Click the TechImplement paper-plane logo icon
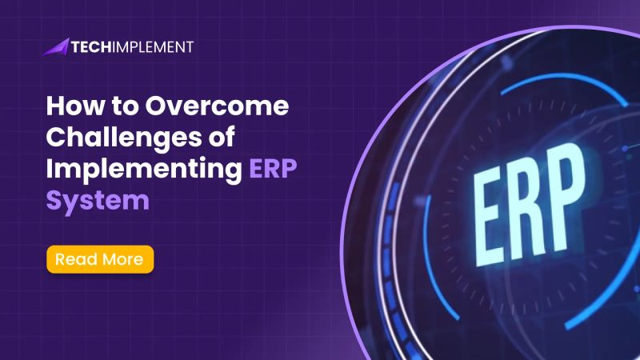tap(55, 46)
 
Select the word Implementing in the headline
tap(141, 169)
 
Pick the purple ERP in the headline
tap(272, 168)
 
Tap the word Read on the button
tap(76, 259)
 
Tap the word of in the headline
tap(217, 138)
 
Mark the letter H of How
tap(55, 107)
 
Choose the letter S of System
tap(54, 198)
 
